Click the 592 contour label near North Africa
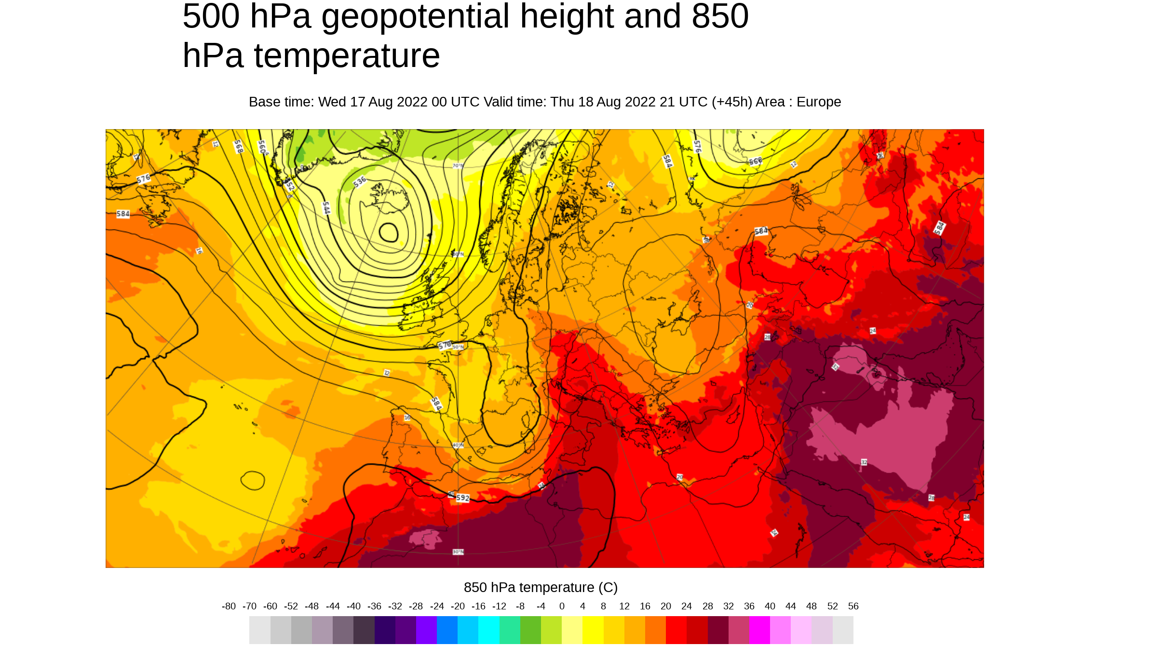click(x=462, y=498)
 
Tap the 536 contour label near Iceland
click(x=360, y=182)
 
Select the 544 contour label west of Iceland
click(x=326, y=208)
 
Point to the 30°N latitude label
click(x=458, y=552)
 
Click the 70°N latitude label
click(x=458, y=166)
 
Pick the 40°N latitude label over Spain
click(x=458, y=445)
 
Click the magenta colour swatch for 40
click(x=759, y=630)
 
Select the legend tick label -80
click(x=229, y=606)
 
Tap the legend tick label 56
click(x=853, y=606)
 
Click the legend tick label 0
click(x=562, y=606)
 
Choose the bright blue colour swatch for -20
click(x=447, y=630)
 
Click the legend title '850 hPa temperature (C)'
click(x=541, y=588)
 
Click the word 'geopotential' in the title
click(x=415, y=17)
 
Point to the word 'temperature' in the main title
click(x=347, y=56)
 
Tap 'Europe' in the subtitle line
click(x=818, y=102)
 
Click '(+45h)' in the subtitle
click(x=731, y=102)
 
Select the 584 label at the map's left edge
click(x=123, y=214)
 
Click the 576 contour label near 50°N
click(x=445, y=345)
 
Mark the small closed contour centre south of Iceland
click(x=389, y=233)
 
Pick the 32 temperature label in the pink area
click(x=864, y=462)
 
